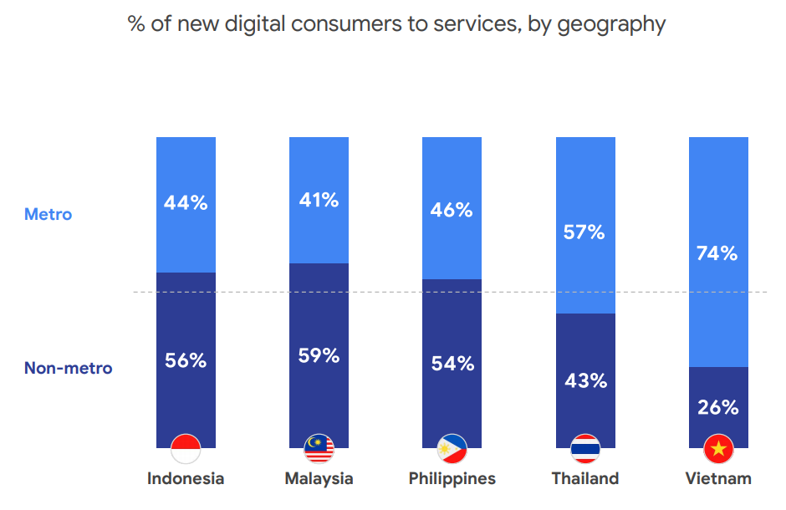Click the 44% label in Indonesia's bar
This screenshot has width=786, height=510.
click(x=186, y=202)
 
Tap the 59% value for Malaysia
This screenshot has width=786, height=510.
click(x=319, y=355)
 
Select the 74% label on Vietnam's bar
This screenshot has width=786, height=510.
click(x=717, y=253)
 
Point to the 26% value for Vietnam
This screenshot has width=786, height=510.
click(x=717, y=407)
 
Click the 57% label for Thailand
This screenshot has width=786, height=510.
click(x=584, y=232)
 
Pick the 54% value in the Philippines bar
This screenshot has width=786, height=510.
click(x=452, y=364)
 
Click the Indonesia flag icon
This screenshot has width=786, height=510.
click(x=186, y=450)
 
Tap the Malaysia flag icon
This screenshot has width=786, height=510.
click(x=319, y=450)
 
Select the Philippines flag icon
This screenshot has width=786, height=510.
click(x=452, y=450)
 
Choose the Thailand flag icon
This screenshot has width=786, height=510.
click(x=584, y=450)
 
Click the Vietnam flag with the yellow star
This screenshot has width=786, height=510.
click(x=717, y=450)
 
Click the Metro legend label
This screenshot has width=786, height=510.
click(x=48, y=214)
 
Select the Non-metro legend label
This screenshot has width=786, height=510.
click(x=68, y=368)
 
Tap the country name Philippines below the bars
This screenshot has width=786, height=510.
click(x=452, y=479)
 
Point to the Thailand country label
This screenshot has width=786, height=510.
click(x=584, y=479)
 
